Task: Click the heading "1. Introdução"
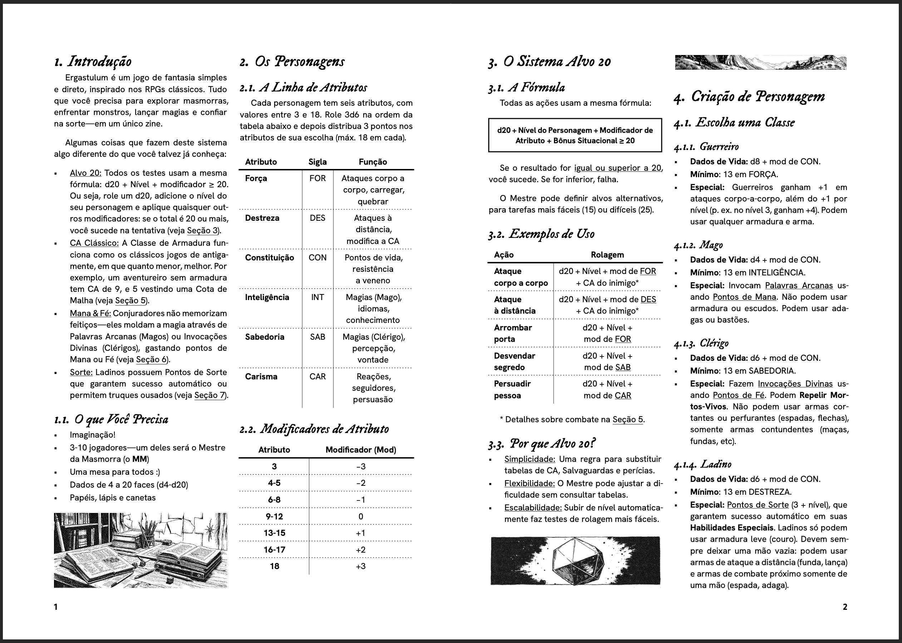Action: pos(93,62)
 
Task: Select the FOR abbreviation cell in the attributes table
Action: pos(318,178)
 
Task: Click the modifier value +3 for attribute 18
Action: pos(361,566)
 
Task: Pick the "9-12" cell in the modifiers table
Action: pos(274,516)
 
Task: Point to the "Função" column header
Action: pos(373,161)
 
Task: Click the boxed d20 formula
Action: pos(575,135)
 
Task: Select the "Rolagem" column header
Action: pos(607,255)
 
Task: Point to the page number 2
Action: pos(845,607)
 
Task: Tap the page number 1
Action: pos(56,607)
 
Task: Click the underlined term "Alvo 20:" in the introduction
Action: pos(85,173)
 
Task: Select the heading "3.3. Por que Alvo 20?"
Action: pos(542,444)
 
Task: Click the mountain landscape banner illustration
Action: pos(760,62)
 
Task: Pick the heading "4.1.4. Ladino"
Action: pos(703,464)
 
